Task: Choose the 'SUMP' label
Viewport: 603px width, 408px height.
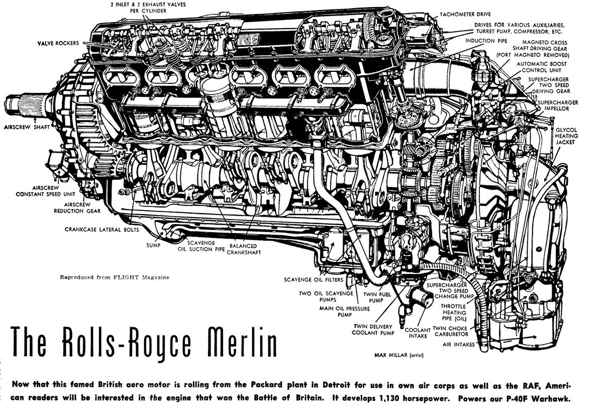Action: point(153,246)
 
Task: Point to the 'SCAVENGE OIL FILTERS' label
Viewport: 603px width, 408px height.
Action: point(313,279)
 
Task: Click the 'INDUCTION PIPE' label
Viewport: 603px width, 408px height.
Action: point(486,40)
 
